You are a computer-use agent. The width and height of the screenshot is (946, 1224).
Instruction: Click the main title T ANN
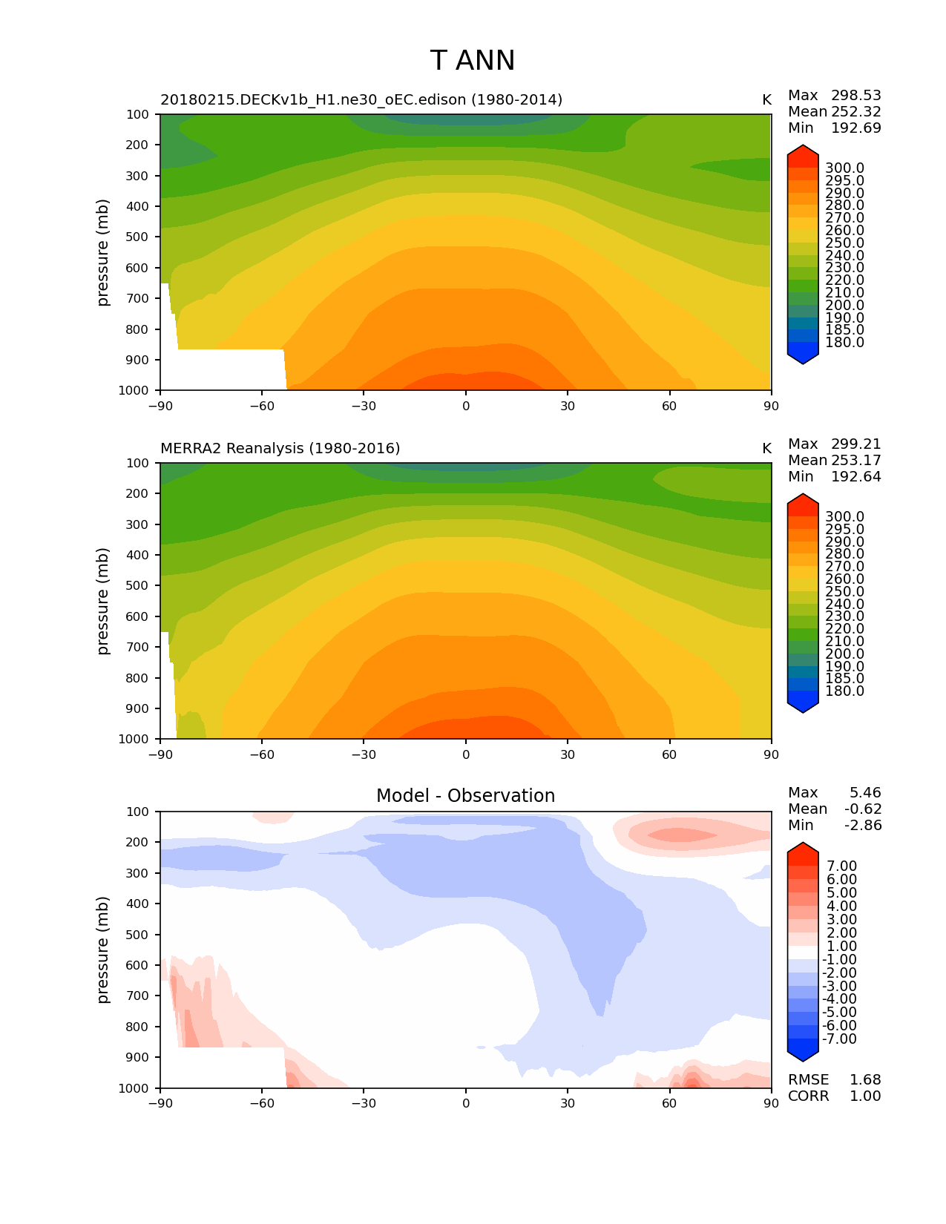(472, 61)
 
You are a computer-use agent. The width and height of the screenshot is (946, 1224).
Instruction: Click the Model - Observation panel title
(465, 796)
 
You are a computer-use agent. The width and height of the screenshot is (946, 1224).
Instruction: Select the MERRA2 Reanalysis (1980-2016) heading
(280, 448)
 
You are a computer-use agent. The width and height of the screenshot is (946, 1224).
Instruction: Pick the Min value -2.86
(863, 825)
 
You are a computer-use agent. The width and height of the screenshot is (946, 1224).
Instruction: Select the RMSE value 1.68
(865, 1079)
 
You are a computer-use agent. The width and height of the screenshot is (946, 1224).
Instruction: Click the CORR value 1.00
(865, 1096)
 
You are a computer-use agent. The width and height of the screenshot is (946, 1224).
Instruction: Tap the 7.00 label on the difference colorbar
(841, 866)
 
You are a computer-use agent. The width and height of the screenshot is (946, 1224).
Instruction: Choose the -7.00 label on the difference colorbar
(839, 1039)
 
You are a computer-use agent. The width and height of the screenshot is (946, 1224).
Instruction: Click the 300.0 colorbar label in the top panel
(844, 168)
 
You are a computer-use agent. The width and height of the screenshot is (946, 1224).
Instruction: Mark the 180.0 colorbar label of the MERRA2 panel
(844, 691)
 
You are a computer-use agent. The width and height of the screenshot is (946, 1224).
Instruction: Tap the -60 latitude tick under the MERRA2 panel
(262, 754)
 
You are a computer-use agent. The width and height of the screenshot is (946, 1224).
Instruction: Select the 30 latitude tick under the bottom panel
(568, 1103)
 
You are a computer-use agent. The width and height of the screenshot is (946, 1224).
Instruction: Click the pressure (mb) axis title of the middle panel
(103, 601)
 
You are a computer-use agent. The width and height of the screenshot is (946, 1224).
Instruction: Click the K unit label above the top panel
(766, 99)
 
